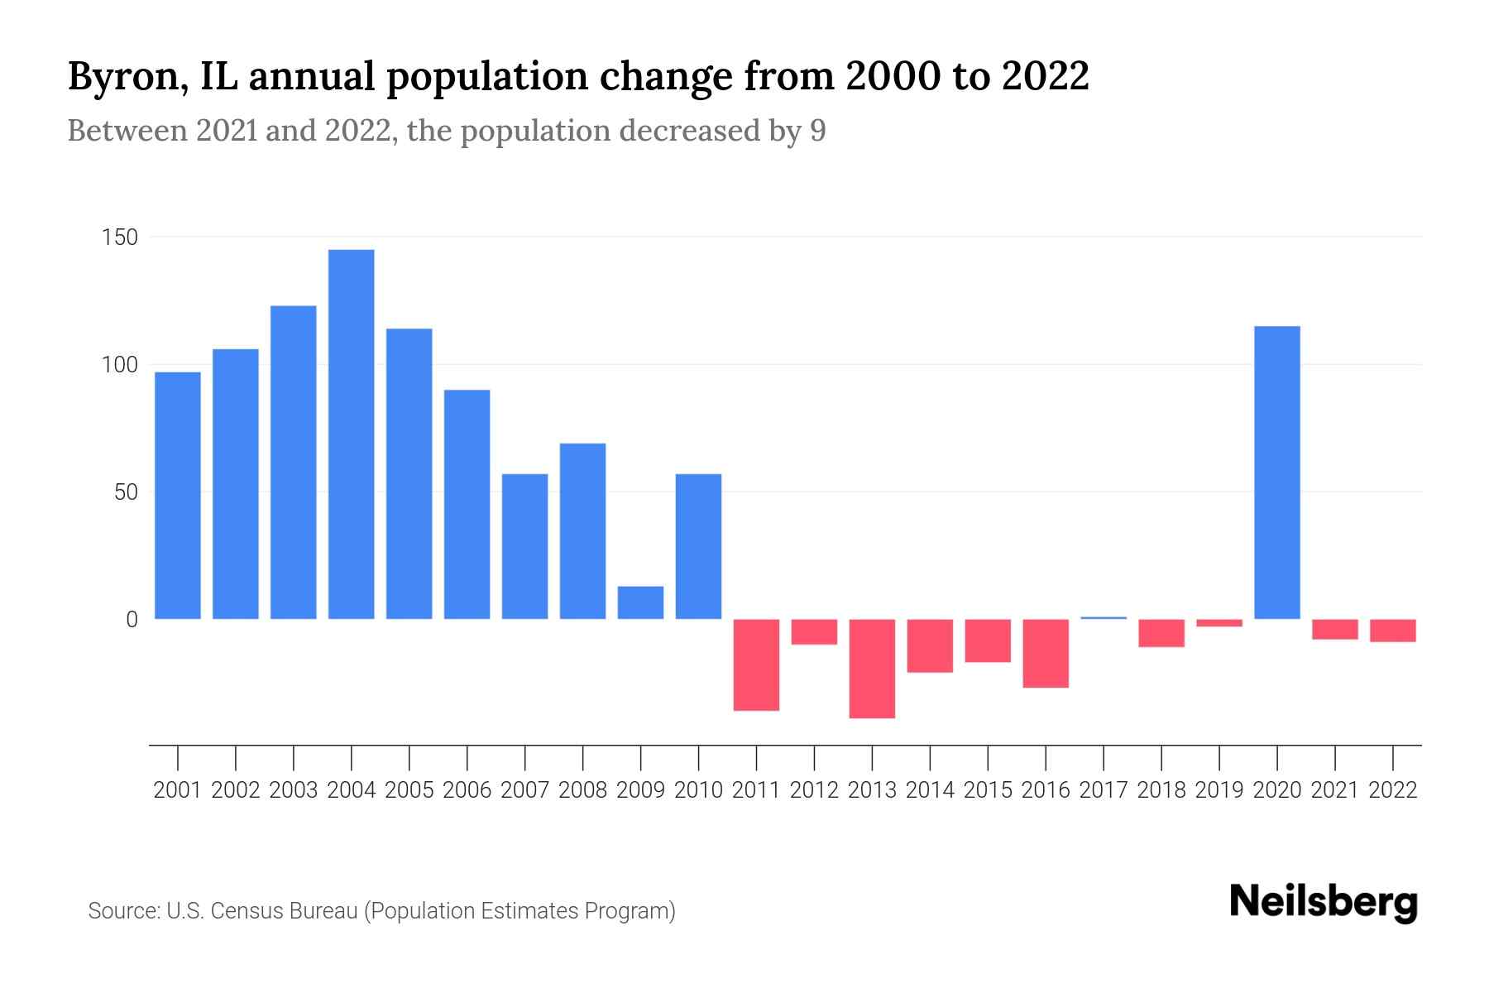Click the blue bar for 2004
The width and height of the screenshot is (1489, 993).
tap(351, 434)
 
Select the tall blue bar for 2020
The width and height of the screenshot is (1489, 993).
tap(1277, 473)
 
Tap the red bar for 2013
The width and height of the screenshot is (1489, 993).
tap(872, 669)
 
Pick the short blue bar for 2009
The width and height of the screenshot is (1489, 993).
tap(640, 602)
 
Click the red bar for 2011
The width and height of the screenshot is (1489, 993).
tap(756, 664)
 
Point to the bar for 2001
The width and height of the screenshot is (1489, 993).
tap(178, 496)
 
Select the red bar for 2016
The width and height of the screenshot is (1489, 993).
tap(1046, 653)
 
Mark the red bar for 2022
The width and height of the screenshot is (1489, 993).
tap(1393, 631)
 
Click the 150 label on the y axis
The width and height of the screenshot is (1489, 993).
tap(119, 238)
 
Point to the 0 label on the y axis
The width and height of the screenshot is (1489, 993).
tap(132, 620)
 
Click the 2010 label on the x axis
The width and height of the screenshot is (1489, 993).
tap(698, 790)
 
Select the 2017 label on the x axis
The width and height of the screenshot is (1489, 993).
tap(1104, 790)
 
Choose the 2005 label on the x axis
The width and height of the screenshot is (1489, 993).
tap(409, 790)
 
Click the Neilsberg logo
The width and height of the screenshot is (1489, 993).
tap(1324, 903)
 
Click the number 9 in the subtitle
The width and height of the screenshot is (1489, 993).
tap(817, 132)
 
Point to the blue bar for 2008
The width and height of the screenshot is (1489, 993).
tap(582, 531)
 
